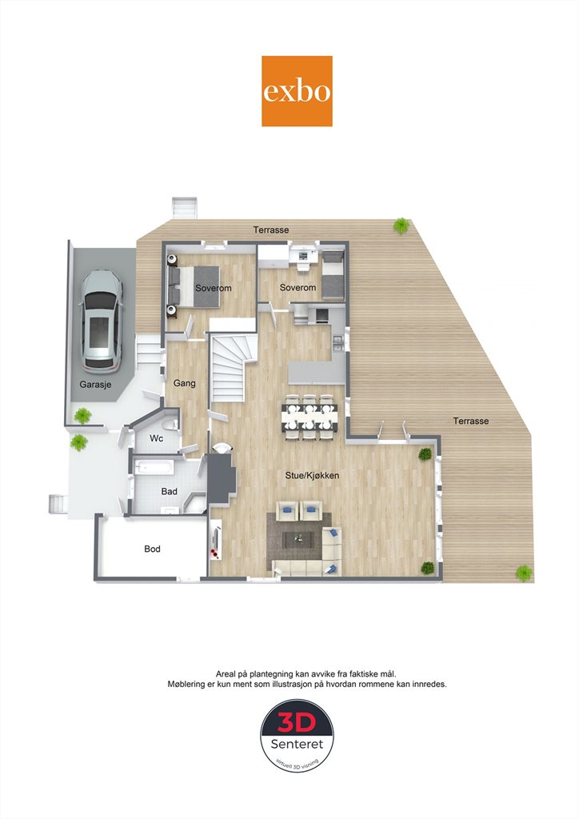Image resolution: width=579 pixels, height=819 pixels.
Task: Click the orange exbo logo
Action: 297,91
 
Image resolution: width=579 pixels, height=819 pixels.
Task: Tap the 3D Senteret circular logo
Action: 297,736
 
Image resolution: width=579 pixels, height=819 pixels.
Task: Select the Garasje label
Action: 95,385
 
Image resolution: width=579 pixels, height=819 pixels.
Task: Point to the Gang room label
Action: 184,383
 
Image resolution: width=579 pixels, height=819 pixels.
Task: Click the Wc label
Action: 157,438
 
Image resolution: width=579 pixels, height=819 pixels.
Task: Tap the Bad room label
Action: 170,491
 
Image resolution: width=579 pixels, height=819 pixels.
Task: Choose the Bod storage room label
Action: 153,549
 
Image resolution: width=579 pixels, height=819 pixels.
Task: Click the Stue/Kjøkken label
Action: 312,475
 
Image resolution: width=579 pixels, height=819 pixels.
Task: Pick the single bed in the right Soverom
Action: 333,275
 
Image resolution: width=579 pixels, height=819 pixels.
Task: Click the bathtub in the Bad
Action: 154,466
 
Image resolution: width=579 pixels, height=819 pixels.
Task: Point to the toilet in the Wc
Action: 170,424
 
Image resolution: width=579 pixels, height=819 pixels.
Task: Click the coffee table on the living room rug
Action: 298,539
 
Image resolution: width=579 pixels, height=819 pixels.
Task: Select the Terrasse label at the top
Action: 271,230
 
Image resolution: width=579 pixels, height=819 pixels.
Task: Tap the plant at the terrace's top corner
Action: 401,226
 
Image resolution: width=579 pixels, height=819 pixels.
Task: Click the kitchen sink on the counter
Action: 338,341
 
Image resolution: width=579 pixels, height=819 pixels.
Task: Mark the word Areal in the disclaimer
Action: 226,673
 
